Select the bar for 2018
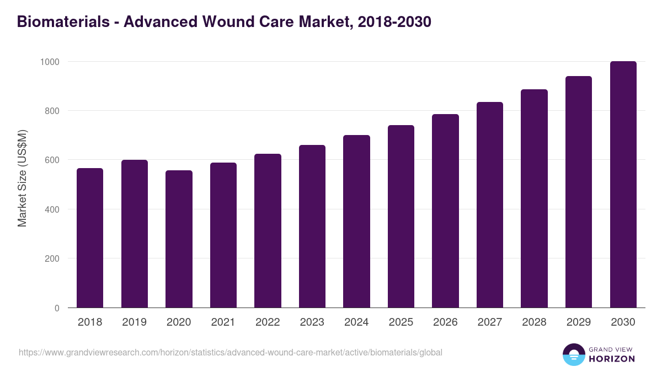coord(90,238)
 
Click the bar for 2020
coord(179,239)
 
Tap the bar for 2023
coord(312,227)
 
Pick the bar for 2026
coord(445,211)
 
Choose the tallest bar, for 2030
coord(623,185)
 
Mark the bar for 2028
coord(534,198)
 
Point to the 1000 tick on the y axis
coord(49,62)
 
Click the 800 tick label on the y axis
coord(51,111)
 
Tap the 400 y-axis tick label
coord(51,209)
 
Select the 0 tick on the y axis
coord(57,308)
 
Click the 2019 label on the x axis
coord(134,322)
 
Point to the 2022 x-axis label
coord(268,322)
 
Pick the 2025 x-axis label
coord(401,322)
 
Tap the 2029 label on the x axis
coord(578,322)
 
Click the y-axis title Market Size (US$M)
coord(22,177)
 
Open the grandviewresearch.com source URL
coord(231,352)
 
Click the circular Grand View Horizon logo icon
coord(573,354)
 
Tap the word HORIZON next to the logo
coord(611,359)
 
